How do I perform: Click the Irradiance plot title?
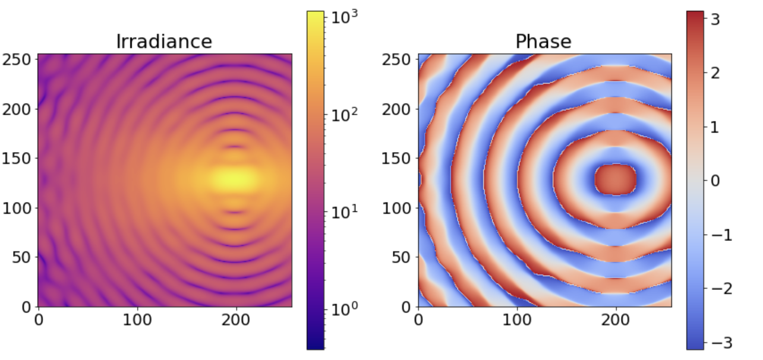(x=164, y=42)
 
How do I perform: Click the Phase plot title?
(x=543, y=42)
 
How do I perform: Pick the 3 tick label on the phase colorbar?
(x=715, y=20)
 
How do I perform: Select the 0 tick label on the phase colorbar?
(x=715, y=181)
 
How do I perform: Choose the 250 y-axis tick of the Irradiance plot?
(x=17, y=59)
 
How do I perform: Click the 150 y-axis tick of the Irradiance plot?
(x=17, y=159)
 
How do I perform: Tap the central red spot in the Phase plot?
(x=616, y=179)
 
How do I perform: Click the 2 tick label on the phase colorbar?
(x=715, y=73)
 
